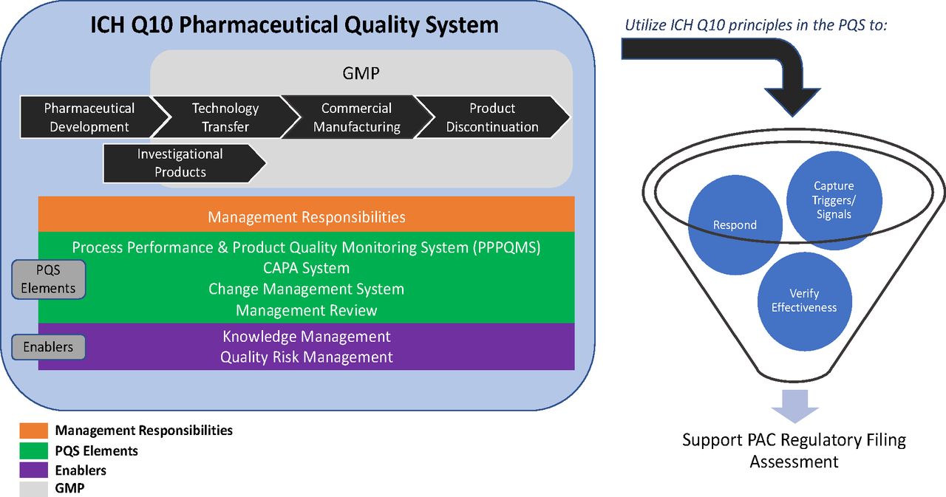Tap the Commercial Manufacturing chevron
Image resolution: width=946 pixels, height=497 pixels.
pos(357,117)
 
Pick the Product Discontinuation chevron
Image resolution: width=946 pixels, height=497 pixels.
pos(492,117)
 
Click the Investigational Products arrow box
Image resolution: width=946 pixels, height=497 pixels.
pos(182,163)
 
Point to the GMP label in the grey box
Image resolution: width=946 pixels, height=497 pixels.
pos(361,73)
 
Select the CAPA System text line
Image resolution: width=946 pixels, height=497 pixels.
pos(306,268)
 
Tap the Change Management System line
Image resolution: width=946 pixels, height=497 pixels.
pos(306,289)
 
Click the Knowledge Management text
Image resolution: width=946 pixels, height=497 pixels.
pos(306,337)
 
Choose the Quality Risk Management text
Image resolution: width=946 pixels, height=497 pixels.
pos(306,357)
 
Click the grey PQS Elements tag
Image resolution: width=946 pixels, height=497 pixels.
pos(48,279)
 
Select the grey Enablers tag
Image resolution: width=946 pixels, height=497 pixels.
pos(48,347)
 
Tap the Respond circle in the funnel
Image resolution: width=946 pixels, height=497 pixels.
pos(735,225)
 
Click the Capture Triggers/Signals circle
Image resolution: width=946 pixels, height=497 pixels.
pos(834,200)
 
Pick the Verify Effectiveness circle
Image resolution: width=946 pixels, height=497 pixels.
pos(805,301)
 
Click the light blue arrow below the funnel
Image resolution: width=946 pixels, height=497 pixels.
pos(794,406)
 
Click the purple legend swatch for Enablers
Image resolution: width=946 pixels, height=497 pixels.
pos(34,470)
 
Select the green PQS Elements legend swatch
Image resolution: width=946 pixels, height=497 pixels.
pos(34,450)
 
